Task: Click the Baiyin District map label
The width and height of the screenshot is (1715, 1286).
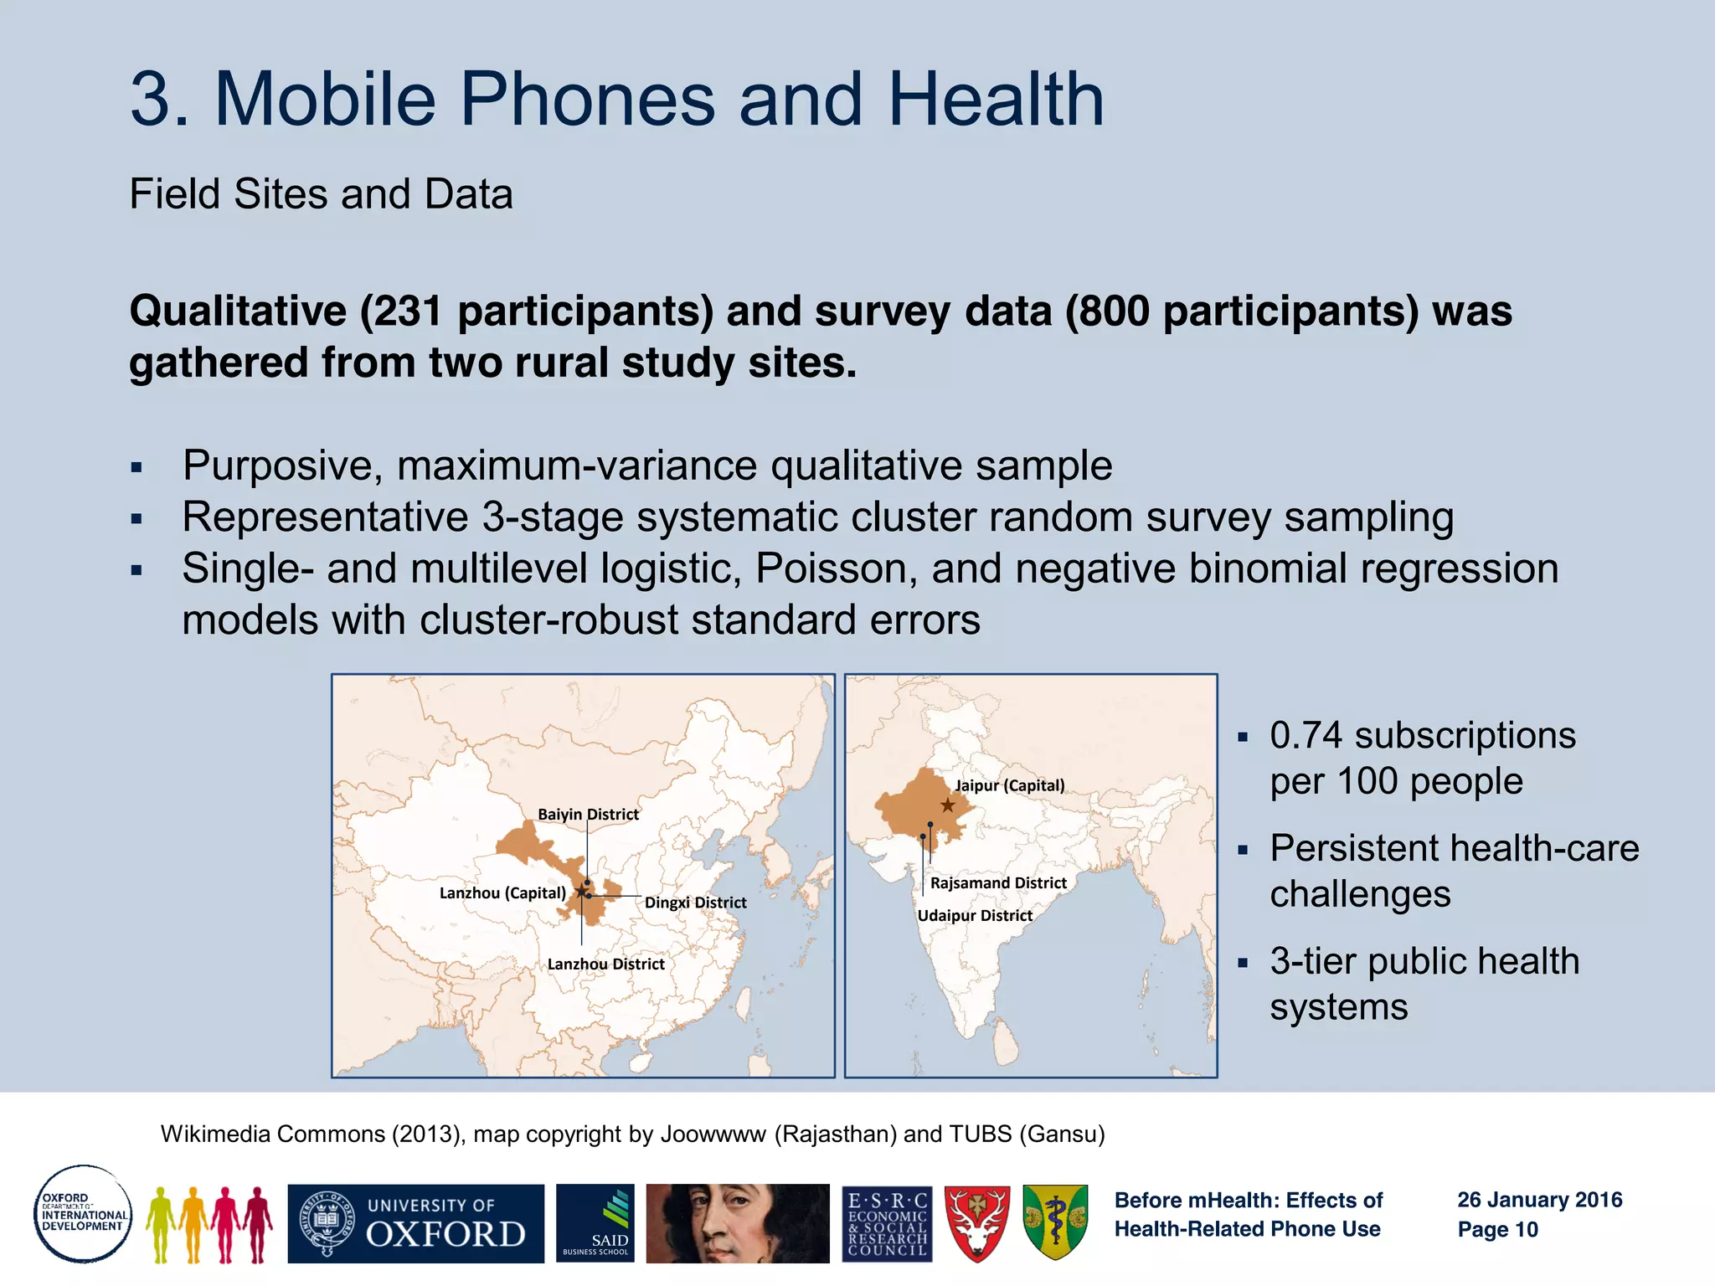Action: point(588,815)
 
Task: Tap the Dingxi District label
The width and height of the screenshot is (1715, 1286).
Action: point(695,903)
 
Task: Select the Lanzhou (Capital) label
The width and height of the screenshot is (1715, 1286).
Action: point(502,893)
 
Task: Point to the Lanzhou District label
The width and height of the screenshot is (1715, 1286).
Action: point(605,964)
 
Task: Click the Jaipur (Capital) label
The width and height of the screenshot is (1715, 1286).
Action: point(1010,785)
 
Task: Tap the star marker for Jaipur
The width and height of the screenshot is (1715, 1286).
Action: point(947,805)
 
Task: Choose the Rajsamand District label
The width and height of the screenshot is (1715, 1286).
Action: point(998,883)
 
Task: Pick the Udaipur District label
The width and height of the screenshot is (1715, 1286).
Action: point(975,916)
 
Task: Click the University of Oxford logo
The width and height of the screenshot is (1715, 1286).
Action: point(415,1223)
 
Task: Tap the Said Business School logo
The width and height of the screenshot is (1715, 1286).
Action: point(595,1223)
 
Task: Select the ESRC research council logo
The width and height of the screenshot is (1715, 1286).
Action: point(887,1223)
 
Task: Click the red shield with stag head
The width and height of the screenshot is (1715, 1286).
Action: point(976,1223)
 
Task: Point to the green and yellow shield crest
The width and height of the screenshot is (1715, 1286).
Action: point(1055,1222)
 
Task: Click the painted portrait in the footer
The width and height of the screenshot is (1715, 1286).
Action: point(738,1223)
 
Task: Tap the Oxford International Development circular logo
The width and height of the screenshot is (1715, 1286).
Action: point(83,1213)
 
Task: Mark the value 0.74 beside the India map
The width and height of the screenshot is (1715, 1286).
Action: point(1306,736)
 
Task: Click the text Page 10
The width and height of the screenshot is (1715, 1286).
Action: point(1497,1230)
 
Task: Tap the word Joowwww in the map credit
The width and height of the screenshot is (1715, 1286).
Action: point(713,1134)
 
